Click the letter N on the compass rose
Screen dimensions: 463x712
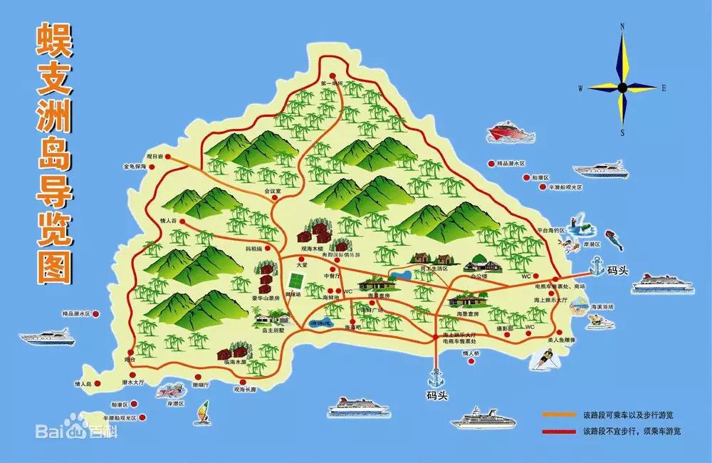pos(622,27)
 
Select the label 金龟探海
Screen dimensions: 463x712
pos(135,167)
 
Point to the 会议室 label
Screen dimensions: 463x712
pos(273,191)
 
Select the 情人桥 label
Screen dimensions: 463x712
pos(471,353)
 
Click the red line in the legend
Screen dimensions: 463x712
pos(560,431)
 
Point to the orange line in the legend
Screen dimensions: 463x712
pos(560,414)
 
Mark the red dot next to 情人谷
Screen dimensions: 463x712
pos(183,222)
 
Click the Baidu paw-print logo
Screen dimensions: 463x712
pos(75,431)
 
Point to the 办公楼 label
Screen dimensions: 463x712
pos(478,275)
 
